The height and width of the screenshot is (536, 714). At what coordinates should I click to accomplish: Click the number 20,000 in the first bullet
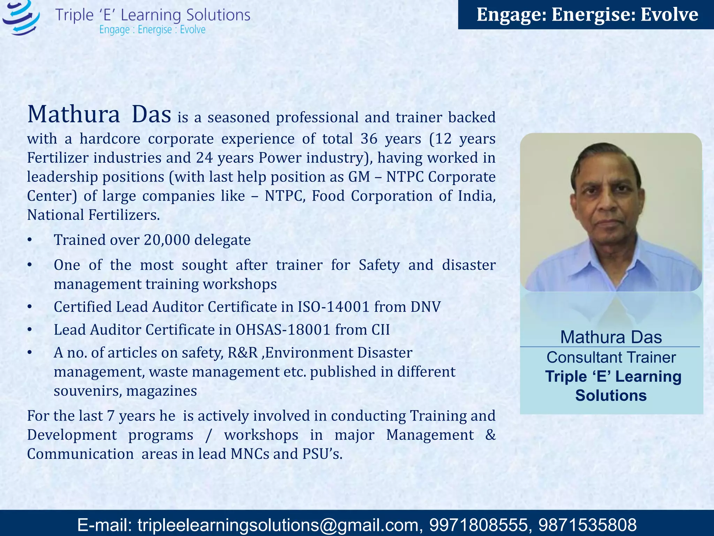click(167, 240)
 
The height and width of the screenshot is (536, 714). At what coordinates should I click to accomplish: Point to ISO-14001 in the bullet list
click(333, 307)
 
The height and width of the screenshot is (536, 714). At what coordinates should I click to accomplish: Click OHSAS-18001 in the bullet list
click(283, 330)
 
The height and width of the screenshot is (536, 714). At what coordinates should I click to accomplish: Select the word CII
click(380, 330)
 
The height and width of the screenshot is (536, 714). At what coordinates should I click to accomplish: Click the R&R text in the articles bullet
click(243, 353)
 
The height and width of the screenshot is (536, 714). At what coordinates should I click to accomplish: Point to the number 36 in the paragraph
click(369, 139)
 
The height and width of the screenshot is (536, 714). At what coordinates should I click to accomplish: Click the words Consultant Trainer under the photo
click(611, 357)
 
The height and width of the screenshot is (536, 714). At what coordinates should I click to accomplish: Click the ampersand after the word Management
click(490, 435)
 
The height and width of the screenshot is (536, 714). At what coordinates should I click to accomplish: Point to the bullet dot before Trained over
click(30, 240)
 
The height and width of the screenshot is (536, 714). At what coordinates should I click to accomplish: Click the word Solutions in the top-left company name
click(218, 15)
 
